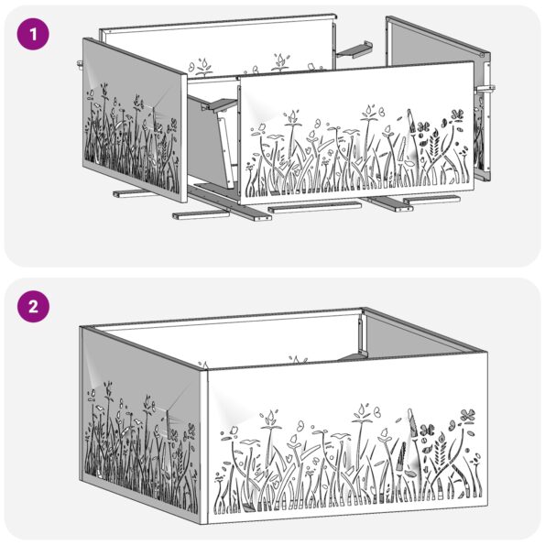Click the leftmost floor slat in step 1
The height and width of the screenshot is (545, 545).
click(x=132, y=194)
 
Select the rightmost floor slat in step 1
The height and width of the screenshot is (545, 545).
click(x=431, y=199)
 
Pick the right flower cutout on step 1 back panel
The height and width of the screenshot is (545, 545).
click(x=278, y=60)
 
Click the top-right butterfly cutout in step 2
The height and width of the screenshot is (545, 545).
click(x=467, y=414)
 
